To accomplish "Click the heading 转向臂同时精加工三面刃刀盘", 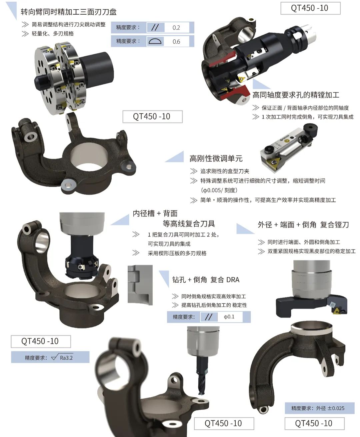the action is tap(69, 12).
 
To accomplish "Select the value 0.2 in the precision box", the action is tap(176, 28).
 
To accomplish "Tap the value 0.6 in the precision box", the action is tap(176, 42).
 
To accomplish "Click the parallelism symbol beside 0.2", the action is tap(155, 27).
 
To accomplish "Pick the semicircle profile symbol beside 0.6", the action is tap(155, 41).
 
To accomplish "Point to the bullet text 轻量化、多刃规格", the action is tap(53, 34).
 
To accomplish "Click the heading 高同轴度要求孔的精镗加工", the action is tap(296, 95).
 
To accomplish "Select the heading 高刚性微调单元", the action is tap(216, 159).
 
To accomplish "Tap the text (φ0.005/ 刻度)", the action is tap(219, 190).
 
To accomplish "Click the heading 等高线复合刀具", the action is tap(189, 223).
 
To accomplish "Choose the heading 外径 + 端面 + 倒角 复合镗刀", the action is tap(303, 224).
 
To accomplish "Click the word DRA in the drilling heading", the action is tap(233, 280).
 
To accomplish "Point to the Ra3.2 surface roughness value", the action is tap(66, 358).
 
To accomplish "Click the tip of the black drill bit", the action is tap(200, 393).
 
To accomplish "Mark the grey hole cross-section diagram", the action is tap(140, 285).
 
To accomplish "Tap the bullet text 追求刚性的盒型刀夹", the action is tap(225, 171).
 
